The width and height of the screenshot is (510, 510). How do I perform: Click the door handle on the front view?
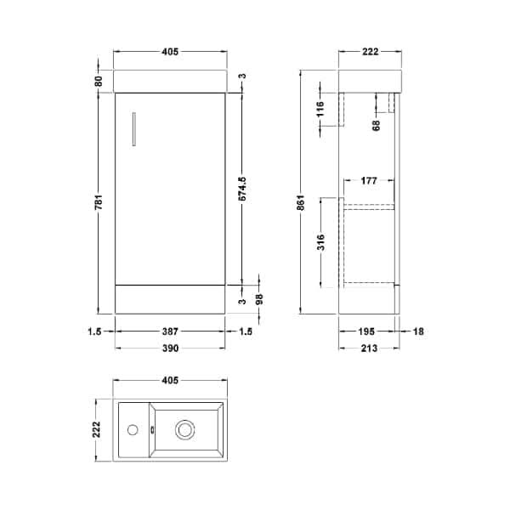pyautogui.click(x=134, y=130)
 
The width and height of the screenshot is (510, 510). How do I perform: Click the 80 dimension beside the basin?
pyautogui.click(x=99, y=81)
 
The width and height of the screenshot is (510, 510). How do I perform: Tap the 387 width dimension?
pyautogui.click(x=169, y=331)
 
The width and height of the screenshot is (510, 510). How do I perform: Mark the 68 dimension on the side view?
pyautogui.click(x=376, y=126)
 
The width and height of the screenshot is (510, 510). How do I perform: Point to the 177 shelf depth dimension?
pyautogui.click(x=369, y=181)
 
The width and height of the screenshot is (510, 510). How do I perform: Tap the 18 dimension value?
pyautogui.click(x=419, y=331)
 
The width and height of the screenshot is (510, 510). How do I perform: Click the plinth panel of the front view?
pyautogui.click(x=169, y=298)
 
